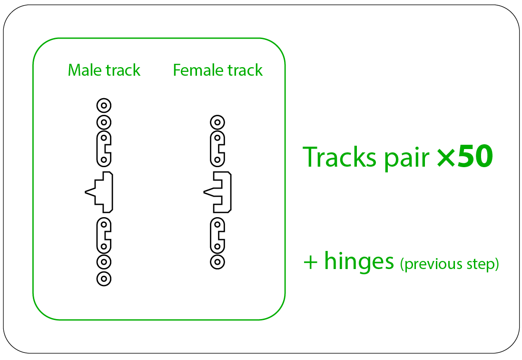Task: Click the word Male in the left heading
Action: tap(85, 70)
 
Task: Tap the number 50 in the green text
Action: tap(475, 156)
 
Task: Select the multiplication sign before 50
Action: tap(446, 158)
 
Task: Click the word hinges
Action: tap(359, 261)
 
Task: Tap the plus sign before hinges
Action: tap(310, 262)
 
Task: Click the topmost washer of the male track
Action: tap(104, 106)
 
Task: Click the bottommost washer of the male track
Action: tap(104, 279)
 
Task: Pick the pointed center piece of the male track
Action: tap(99, 192)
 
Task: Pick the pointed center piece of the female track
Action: tap(217, 192)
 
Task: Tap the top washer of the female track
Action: tap(217, 122)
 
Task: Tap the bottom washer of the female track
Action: tap(217, 262)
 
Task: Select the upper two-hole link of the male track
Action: tap(104, 149)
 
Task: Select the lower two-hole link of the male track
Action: tap(104, 235)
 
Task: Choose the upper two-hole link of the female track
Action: tap(217, 149)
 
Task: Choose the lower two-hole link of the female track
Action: tap(217, 235)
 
